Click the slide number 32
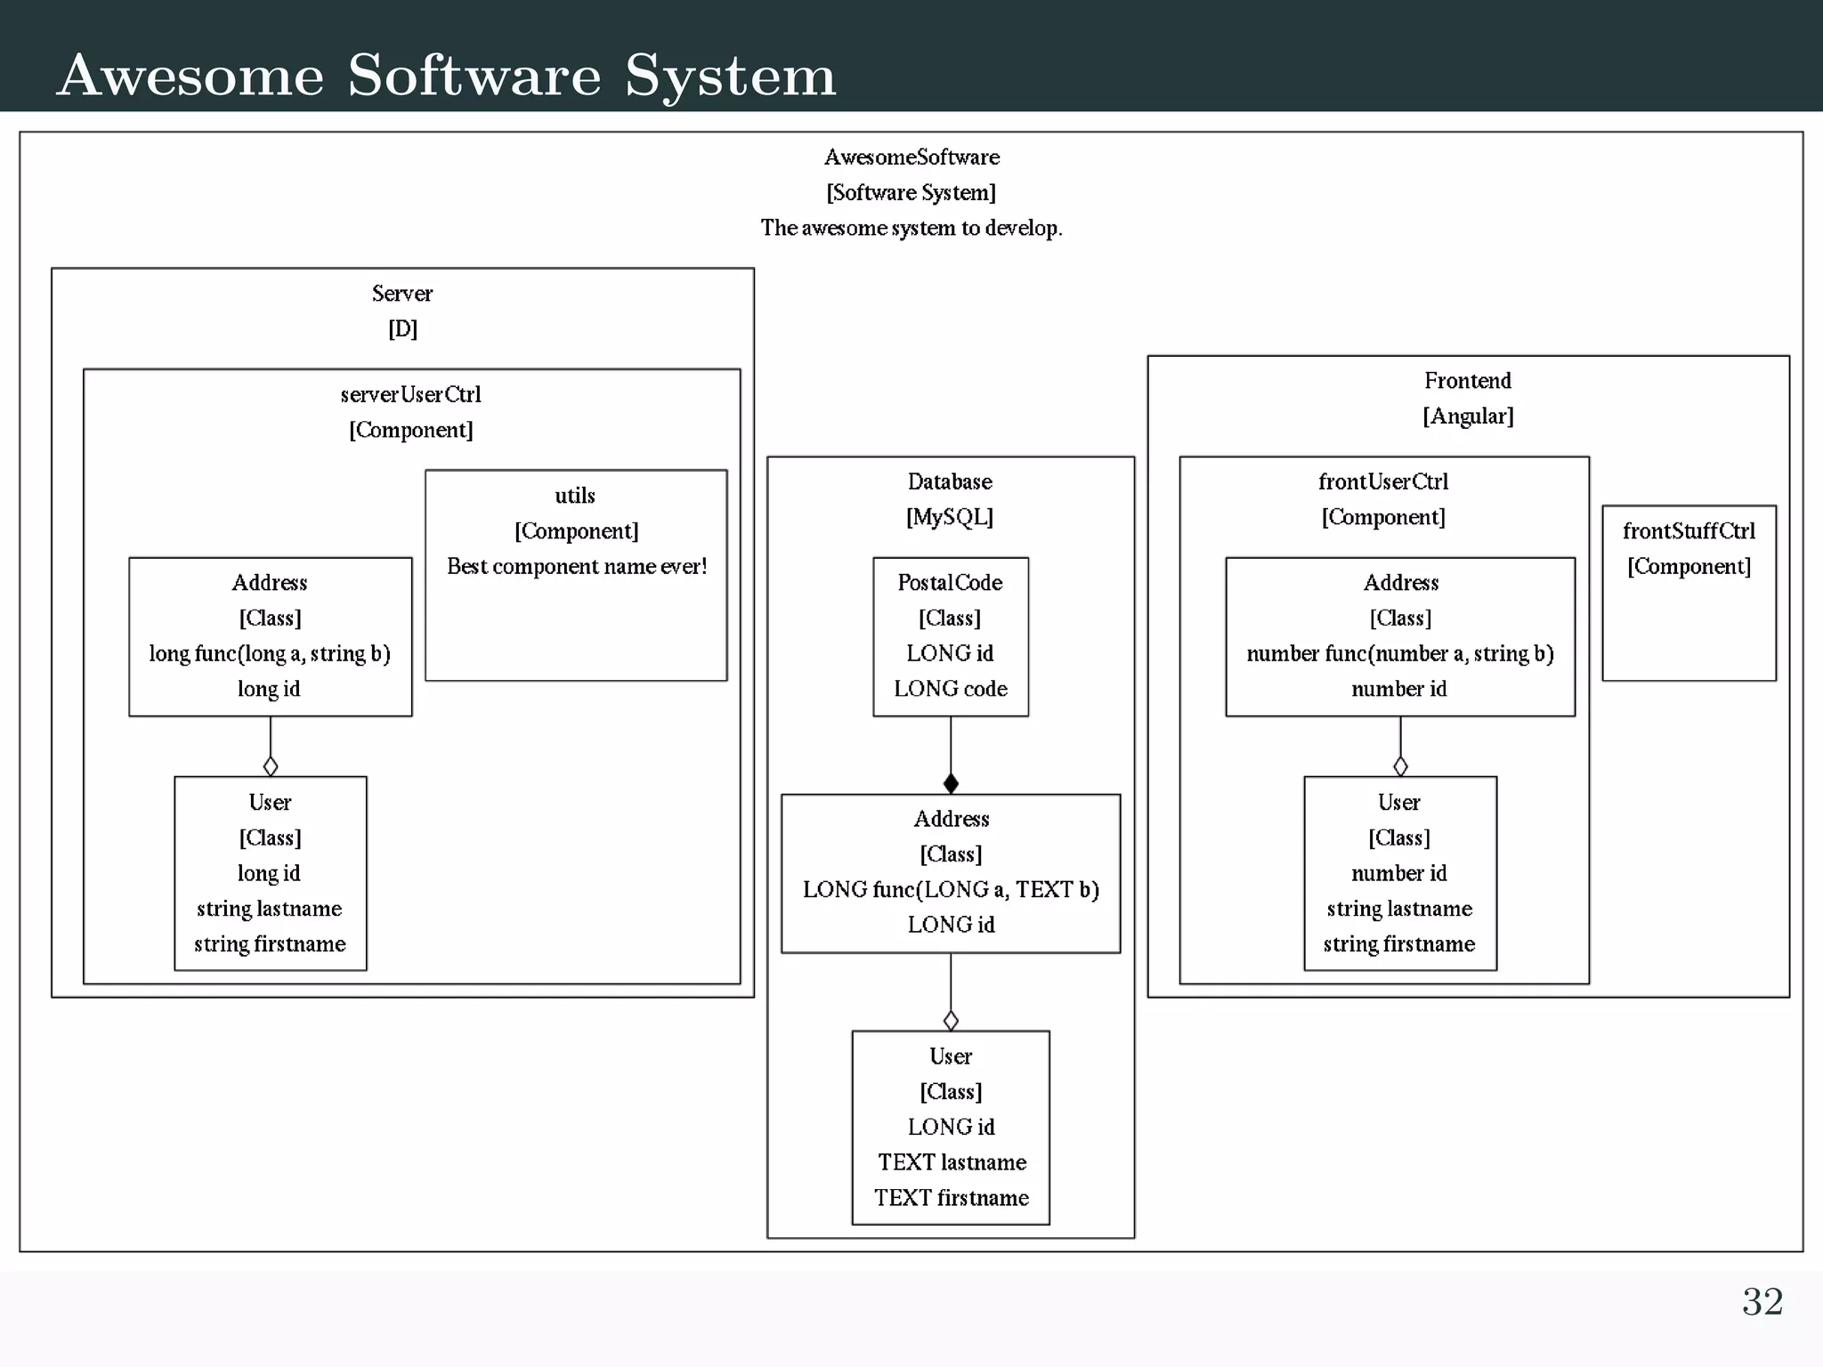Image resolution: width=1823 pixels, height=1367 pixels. [x=1762, y=1302]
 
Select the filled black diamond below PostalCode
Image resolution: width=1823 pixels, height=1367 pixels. [x=951, y=783]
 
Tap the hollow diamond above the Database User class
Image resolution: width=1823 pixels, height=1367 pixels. [x=951, y=1020]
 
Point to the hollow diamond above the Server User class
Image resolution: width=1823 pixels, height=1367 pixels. [x=271, y=765]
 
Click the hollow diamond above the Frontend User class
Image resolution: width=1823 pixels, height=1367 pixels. [x=1400, y=765]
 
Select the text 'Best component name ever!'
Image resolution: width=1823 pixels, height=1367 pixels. [x=577, y=566]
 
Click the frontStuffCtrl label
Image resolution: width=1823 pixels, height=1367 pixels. [x=1689, y=531]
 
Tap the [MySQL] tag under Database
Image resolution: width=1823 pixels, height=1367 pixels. [x=950, y=517]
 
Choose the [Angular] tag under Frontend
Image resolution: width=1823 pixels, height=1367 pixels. [x=1468, y=416]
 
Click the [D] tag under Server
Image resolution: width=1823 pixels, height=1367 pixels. [x=402, y=328]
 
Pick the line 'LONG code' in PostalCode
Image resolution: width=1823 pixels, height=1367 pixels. [x=950, y=689]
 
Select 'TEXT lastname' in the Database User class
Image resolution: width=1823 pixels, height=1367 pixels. [x=952, y=1162]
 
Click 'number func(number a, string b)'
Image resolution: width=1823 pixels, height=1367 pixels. [x=1399, y=653]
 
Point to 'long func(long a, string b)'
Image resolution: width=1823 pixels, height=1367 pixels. [x=270, y=653]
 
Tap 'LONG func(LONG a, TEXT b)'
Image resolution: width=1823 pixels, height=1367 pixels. [x=951, y=889]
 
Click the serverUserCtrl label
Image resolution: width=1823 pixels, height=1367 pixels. [x=410, y=394]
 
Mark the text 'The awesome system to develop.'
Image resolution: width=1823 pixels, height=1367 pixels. [x=911, y=228]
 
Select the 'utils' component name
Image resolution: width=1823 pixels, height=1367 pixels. [x=575, y=496]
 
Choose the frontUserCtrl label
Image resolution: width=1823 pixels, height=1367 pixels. [x=1383, y=481]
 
